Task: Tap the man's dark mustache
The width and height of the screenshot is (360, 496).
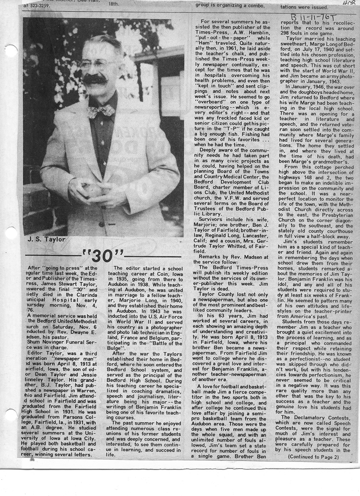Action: coord(95,80)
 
